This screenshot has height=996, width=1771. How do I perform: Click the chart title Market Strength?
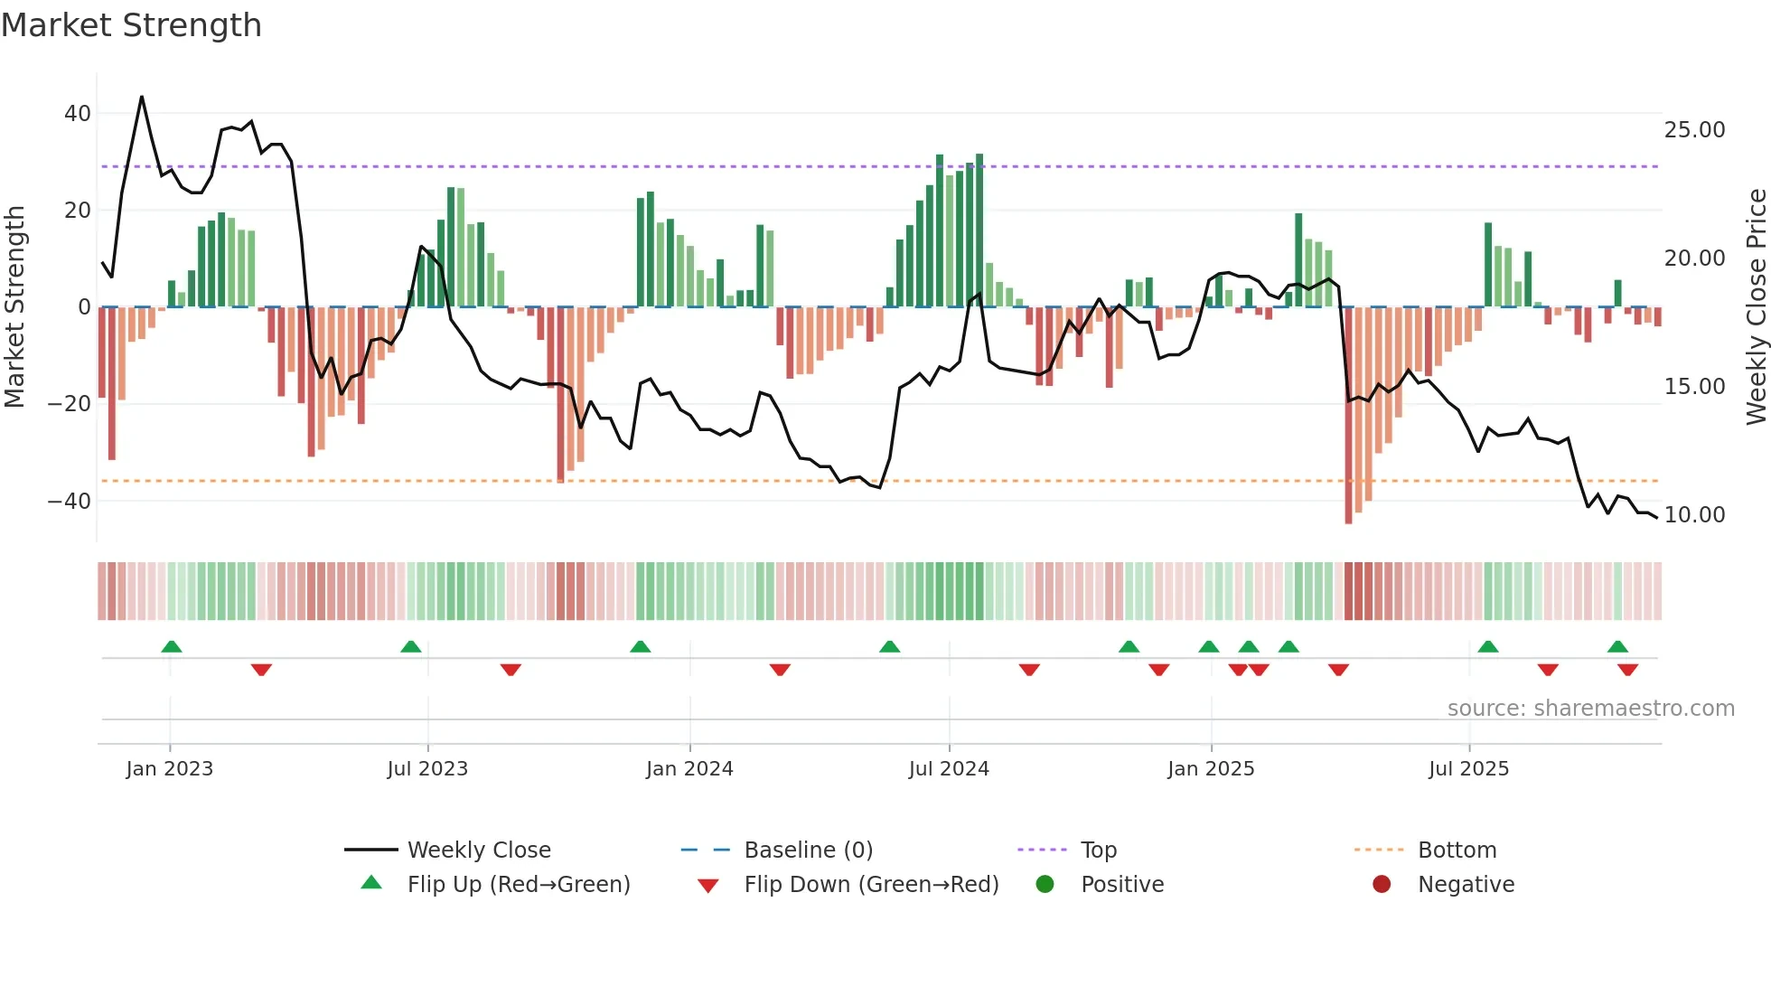pos(131,25)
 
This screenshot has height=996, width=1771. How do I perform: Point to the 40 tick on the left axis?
pos(78,114)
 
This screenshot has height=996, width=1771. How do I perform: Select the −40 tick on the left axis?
pos(70,501)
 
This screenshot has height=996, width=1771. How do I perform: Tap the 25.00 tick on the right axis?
pos(1694,130)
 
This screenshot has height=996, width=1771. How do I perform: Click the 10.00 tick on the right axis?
pos(1694,515)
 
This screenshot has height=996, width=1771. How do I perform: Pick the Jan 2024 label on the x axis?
pos(689,769)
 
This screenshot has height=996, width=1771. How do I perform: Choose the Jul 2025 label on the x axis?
pos(1468,769)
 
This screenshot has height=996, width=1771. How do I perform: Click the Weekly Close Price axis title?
pos(1756,307)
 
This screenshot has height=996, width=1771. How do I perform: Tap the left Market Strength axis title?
pos(14,307)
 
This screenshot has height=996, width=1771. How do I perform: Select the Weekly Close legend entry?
pos(478,850)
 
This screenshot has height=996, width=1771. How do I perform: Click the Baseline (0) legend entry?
pos(808,850)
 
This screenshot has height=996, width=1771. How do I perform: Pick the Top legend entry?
pos(1098,850)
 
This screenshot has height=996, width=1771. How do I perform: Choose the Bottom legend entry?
pos(1457,850)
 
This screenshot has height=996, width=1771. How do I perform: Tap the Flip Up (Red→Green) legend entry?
pos(518,885)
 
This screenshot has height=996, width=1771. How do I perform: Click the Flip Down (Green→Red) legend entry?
pos(871,885)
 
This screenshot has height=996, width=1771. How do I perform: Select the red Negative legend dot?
pos(1381,885)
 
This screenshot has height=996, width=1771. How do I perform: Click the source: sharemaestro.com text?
pos(1590,709)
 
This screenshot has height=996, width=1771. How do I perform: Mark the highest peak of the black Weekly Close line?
pos(142,97)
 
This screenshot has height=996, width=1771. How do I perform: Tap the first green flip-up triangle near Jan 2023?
pos(172,646)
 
